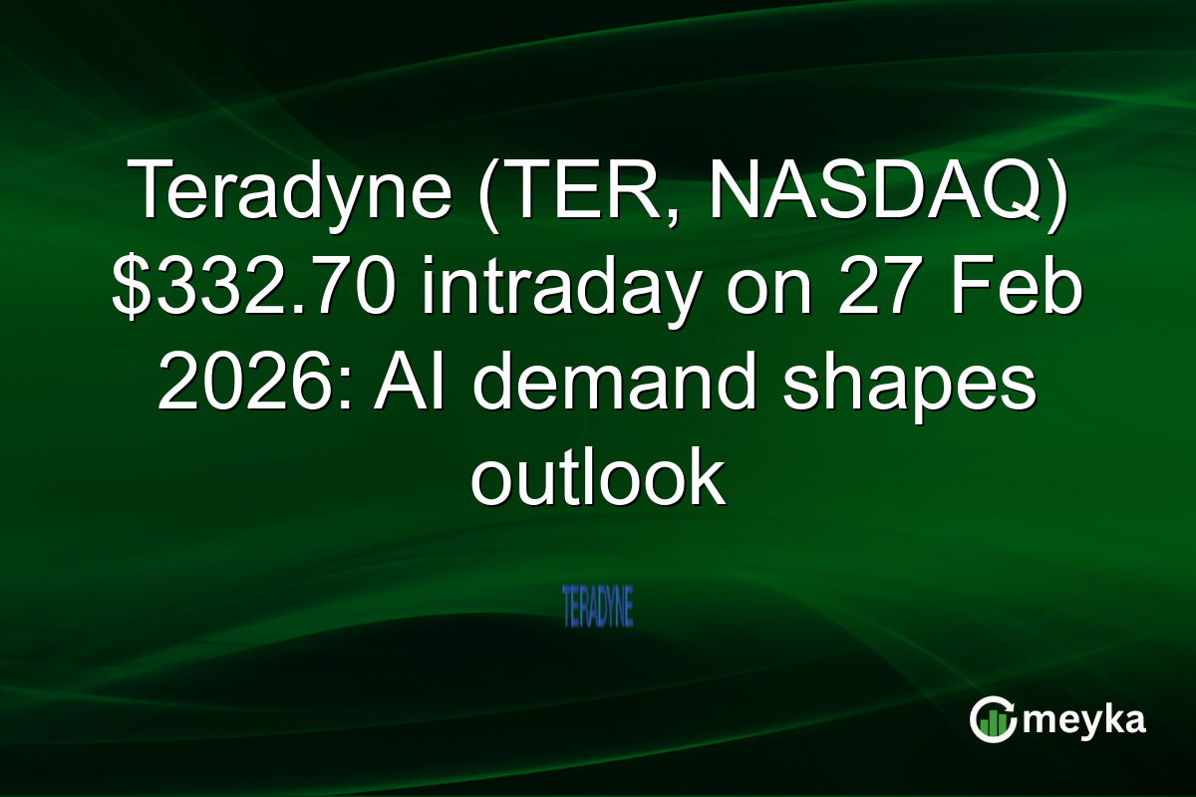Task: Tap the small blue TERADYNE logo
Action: point(598,607)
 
